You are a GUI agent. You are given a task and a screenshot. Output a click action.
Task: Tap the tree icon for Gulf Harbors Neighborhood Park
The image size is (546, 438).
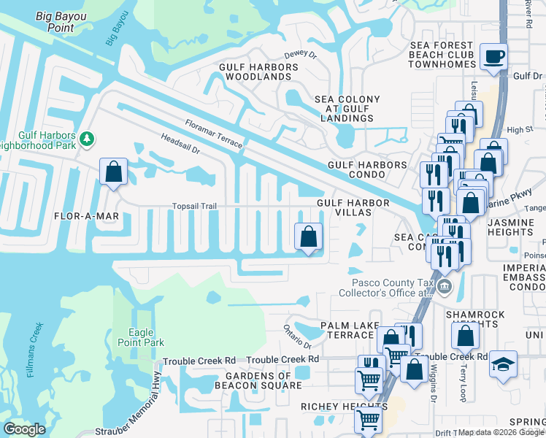pyautogui.click(x=88, y=139)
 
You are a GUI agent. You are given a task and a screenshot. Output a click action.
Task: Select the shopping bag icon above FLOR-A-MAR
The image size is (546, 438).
pyautogui.click(x=114, y=172)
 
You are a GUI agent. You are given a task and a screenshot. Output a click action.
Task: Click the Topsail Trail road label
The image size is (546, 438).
pyautogui.click(x=195, y=207)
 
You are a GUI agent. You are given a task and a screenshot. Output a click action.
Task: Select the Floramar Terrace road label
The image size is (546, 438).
pyautogui.click(x=213, y=134)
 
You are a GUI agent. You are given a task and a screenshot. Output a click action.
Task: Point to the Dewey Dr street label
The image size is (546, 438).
pyautogui.click(x=300, y=55)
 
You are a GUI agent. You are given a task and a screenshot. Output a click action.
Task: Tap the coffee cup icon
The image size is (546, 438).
pyautogui.click(x=494, y=56)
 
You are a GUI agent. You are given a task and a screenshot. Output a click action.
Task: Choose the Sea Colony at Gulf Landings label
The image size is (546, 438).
pyautogui.click(x=347, y=109)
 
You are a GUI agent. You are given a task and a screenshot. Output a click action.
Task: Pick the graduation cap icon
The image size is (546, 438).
pyautogui.click(x=503, y=364)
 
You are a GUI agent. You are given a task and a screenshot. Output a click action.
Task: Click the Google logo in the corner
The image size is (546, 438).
pyautogui.click(x=25, y=429)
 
